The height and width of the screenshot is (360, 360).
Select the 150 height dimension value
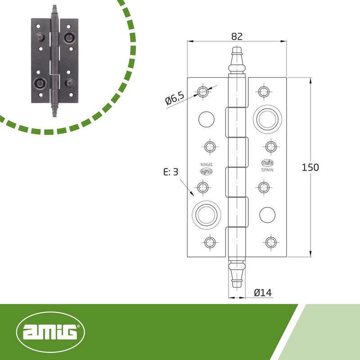pos(310,167)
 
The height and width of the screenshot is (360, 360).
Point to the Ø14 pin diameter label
pos(263,293)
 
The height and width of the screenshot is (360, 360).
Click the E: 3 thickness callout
pos(171,172)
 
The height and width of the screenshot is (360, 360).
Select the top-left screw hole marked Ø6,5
pos(203,92)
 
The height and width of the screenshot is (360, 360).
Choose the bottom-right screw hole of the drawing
pos(270,242)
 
